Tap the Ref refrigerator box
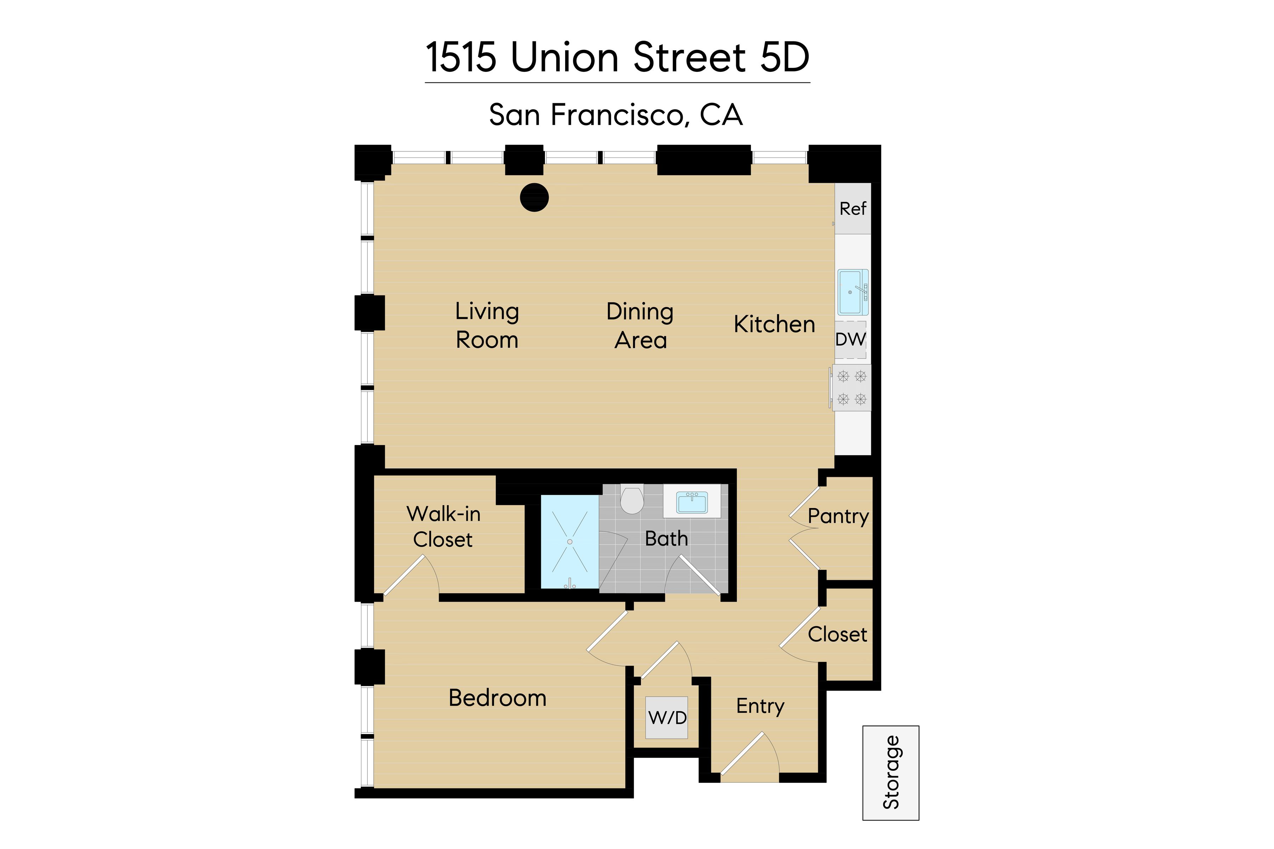pos(853,208)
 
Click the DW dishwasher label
pos(850,340)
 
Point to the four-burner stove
pos(851,388)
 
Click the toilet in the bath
pos(632,499)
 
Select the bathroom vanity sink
pos(692,502)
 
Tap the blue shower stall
pos(569,542)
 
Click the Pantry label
pos(838,516)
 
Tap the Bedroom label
pos(497,698)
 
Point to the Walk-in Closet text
pos(443,526)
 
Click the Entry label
pos(760,706)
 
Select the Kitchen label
pos(774,324)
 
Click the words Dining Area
pos(640,325)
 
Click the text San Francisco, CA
pos(615,115)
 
